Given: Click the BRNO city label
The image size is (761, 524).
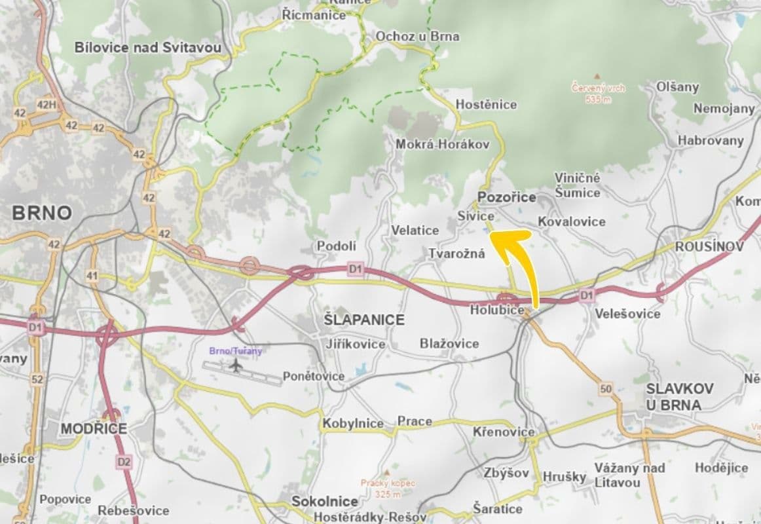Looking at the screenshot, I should (41, 213).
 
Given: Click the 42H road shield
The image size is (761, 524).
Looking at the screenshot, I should (46, 105).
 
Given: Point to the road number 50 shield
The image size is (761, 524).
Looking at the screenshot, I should (605, 389).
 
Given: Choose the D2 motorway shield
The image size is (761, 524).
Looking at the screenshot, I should (124, 462).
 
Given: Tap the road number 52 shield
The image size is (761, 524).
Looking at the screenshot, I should (37, 379).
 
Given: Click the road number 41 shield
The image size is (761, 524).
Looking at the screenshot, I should (92, 276).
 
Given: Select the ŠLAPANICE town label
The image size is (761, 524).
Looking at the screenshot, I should (365, 320).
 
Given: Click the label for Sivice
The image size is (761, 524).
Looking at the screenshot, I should (475, 215).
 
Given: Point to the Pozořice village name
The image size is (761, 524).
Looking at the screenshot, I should (507, 197).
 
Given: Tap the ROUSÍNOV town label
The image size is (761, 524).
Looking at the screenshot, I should (709, 246).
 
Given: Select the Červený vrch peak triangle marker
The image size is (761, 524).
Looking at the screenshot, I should (596, 77).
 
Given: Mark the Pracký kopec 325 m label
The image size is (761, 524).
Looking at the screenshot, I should (388, 487).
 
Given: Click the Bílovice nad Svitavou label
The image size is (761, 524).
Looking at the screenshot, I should (148, 48).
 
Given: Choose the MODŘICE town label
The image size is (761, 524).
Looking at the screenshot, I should (94, 428).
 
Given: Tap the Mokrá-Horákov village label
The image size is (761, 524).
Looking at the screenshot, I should (442, 144).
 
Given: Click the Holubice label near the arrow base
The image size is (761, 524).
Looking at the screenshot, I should (496, 310).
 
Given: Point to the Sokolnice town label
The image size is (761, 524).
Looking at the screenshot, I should (325, 501).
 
